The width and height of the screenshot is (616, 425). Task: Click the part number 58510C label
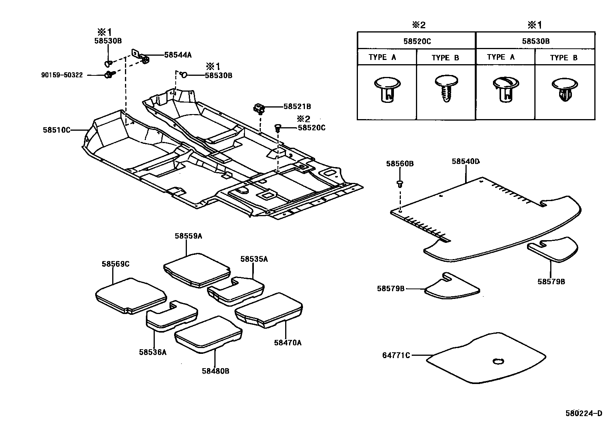[56, 130]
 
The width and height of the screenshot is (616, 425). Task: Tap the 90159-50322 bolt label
[62, 75]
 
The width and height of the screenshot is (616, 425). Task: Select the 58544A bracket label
[178, 55]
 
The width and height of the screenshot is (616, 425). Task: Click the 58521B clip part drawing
[258, 108]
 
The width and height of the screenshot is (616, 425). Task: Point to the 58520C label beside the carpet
[311, 127]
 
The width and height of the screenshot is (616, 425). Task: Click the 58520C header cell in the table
[417, 41]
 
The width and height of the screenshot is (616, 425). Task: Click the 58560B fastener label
[400, 164]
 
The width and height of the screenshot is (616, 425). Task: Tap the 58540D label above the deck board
[465, 161]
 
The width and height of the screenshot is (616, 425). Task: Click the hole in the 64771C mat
[498, 362]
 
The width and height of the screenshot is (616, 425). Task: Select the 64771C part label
[396, 355]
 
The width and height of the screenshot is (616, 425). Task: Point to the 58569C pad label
[115, 264]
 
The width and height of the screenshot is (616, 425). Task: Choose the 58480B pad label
[215, 371]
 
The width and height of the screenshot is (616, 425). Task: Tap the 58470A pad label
[287, 342]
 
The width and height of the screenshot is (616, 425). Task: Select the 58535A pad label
[254, 259]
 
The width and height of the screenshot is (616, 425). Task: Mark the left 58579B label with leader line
[390, 288]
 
